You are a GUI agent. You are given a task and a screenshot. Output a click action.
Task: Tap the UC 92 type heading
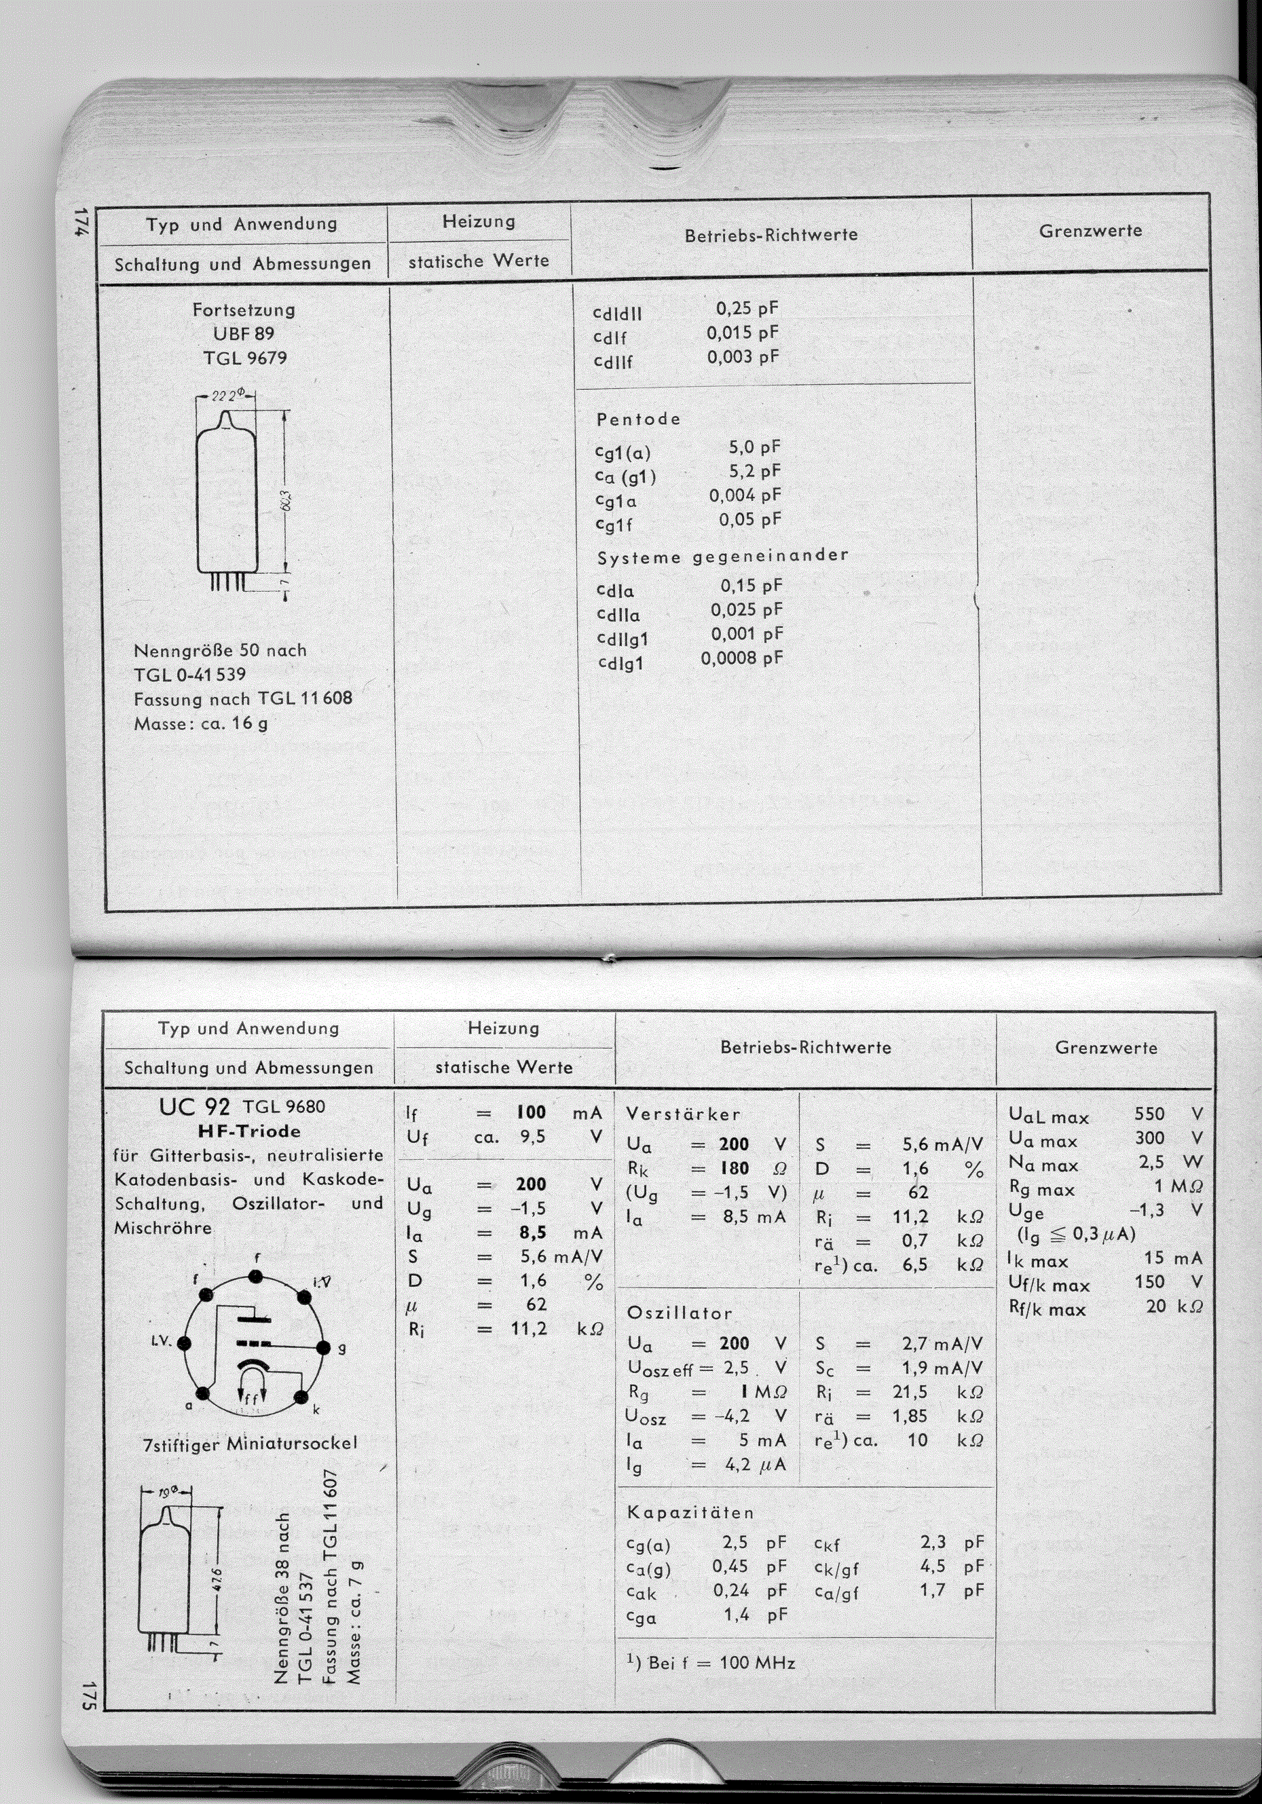194,1107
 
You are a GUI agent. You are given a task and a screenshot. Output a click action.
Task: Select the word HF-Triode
249,1131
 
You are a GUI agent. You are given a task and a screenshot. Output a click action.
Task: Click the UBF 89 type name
244,334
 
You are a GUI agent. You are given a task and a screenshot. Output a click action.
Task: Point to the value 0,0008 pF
742,658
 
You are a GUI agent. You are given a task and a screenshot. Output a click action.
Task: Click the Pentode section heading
638,419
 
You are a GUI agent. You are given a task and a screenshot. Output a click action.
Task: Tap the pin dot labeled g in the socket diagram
322,1347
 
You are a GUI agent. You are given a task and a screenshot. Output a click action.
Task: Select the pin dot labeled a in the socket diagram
203,1394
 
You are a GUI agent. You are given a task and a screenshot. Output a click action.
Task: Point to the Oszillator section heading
679,1313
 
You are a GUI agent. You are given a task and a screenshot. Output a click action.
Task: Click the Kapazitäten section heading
690,1513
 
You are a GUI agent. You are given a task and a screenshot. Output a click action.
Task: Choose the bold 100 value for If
531,1112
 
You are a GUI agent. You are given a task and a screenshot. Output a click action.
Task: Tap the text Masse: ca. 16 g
200,723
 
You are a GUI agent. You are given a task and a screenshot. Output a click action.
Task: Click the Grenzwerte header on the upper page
1090,231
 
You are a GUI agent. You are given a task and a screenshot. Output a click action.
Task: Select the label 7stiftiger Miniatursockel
250,1444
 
